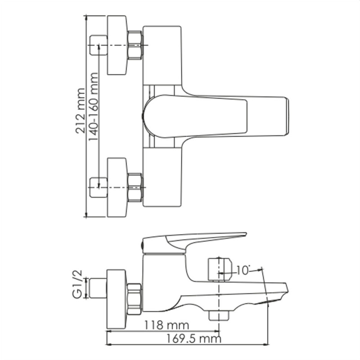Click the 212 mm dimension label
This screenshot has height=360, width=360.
(x=80, y=111)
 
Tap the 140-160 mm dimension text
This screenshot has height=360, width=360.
(x=93, y=107)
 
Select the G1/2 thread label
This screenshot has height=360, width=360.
(x=77, y=284)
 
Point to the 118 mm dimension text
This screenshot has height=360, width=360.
(x=166, y=325)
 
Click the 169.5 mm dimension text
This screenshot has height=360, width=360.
(x=193, y=339)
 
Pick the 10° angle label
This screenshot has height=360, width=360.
(x=243, y=270)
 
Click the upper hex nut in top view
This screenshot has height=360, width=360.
(x=135, y=45)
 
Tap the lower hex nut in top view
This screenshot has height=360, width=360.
(x=135, y=188)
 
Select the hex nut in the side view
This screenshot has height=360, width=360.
(x=134, y=299)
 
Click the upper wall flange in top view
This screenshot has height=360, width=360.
(x=117, y=45)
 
